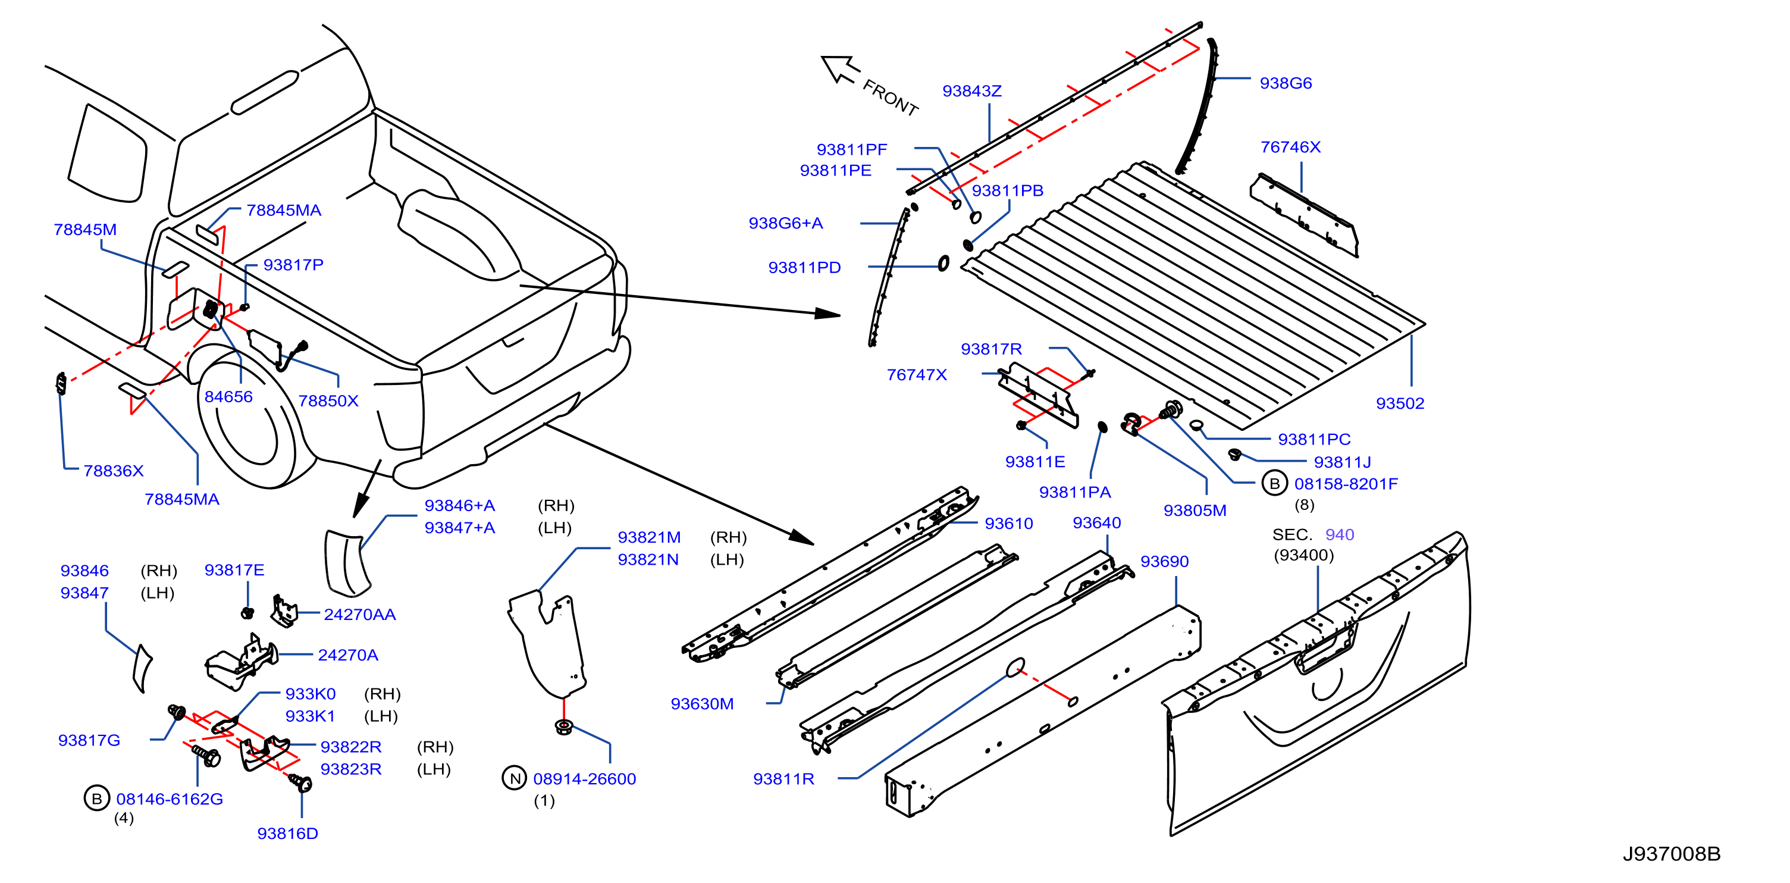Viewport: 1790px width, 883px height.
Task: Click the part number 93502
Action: [1400, 403]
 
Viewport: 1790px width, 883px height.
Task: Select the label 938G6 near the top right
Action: [1286, 83]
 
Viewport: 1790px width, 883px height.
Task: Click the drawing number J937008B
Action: [1671, 854]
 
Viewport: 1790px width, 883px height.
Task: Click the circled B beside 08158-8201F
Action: [1274, 484]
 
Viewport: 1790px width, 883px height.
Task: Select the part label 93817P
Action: [293, 265]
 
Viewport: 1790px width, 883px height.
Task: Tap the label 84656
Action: [228, 397]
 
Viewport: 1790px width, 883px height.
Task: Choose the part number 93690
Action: [1165, 561]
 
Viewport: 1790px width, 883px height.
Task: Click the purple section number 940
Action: [1340, 535]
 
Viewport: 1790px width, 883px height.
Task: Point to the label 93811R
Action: [784, 779]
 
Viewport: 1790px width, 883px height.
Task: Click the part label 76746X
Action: [1290, 148]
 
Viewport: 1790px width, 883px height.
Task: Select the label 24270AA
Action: [360, 615]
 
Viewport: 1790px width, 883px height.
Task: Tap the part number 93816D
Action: [288, 834]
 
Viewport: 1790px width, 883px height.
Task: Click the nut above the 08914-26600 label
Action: [563, 727]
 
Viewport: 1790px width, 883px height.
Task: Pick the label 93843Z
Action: [972, 91]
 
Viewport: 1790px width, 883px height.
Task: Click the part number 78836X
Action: [113, 471]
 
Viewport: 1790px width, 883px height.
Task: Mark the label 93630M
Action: [702, 704]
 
